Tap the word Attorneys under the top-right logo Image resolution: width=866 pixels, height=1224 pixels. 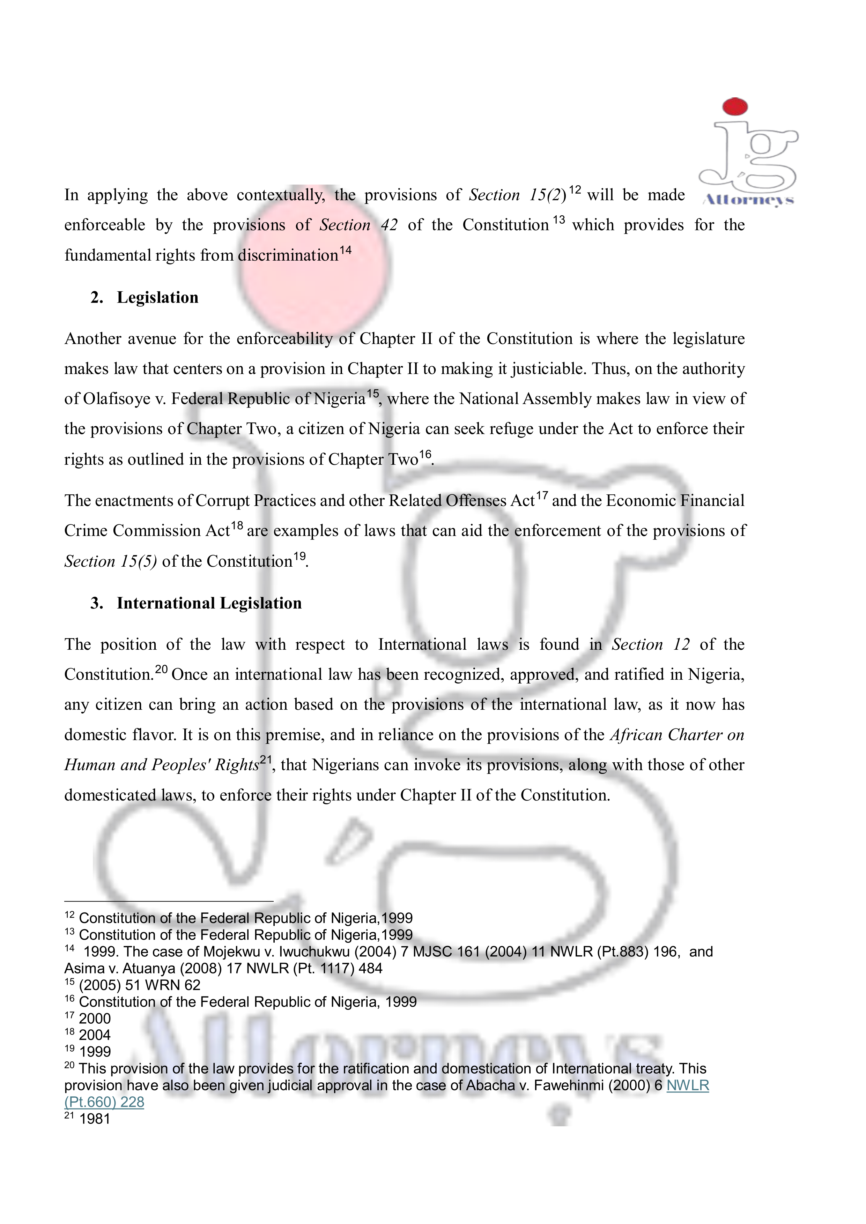point(749,200)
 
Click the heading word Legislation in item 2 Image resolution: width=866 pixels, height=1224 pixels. point(157,298)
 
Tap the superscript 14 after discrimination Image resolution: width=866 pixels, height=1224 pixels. point(346,250)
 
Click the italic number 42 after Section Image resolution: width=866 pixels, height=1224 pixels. point(389,225)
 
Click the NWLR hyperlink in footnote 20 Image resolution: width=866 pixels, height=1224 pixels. point(687,1085)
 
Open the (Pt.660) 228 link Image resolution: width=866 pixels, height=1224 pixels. point(104,1102)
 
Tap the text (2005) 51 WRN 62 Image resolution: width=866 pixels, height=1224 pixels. point(140,985)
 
